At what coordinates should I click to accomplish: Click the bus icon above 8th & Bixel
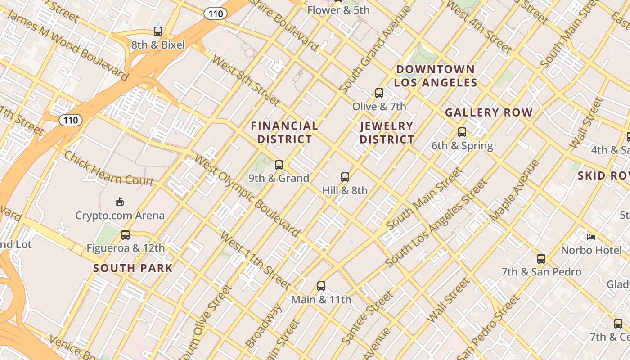click(x=158, y=31)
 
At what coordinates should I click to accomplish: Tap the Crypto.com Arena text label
click(x=120, y=216)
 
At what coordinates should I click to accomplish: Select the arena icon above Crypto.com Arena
click(x=120, y=202)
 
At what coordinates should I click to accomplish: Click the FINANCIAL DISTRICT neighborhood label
click(x=284, y=132)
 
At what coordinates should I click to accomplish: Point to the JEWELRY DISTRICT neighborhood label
click(x=387, y=132)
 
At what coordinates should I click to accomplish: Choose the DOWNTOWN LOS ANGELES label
click(x=435, y=76)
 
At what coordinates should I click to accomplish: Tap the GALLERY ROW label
click(x=489, y=112)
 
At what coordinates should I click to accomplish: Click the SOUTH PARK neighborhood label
click(x=133, y=268)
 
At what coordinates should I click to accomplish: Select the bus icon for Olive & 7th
click(x=379, y=94)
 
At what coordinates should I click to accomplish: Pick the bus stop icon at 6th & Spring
click(x=462, y=132)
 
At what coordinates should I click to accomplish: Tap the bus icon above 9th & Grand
click(x=279, y=165)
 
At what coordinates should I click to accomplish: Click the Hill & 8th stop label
click(x=345, y=190)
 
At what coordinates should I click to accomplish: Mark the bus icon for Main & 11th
click(x=321, y=286)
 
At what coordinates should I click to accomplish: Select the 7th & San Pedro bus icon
click(x=541, y=259)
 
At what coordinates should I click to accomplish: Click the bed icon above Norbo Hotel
click(x=591, y=237)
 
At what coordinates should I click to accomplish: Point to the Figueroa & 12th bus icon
click(x=126, y=235)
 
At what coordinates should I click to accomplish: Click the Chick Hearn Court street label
click(x=109, y=168)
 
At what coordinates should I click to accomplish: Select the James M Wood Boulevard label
click(x=67, y=44)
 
